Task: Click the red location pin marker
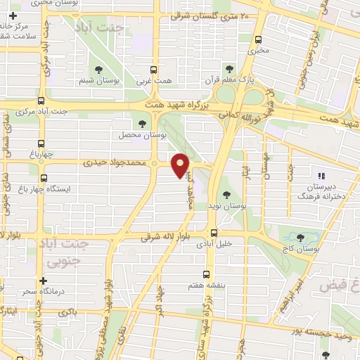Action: [181, 165]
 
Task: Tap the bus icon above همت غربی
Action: [154, 70]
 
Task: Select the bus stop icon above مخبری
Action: [259, 40]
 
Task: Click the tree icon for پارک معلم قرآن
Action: [228, 68]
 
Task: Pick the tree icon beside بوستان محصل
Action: [143, 124]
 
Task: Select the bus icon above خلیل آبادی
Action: [214, 233]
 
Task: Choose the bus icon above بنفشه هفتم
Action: [206, 275]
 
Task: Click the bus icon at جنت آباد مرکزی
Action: [41, 101]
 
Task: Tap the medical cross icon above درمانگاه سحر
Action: [44, 281]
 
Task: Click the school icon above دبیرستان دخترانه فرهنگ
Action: [322, 176]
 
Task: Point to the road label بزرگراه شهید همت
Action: [176, 103]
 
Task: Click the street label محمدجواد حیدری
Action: [115, 162]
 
